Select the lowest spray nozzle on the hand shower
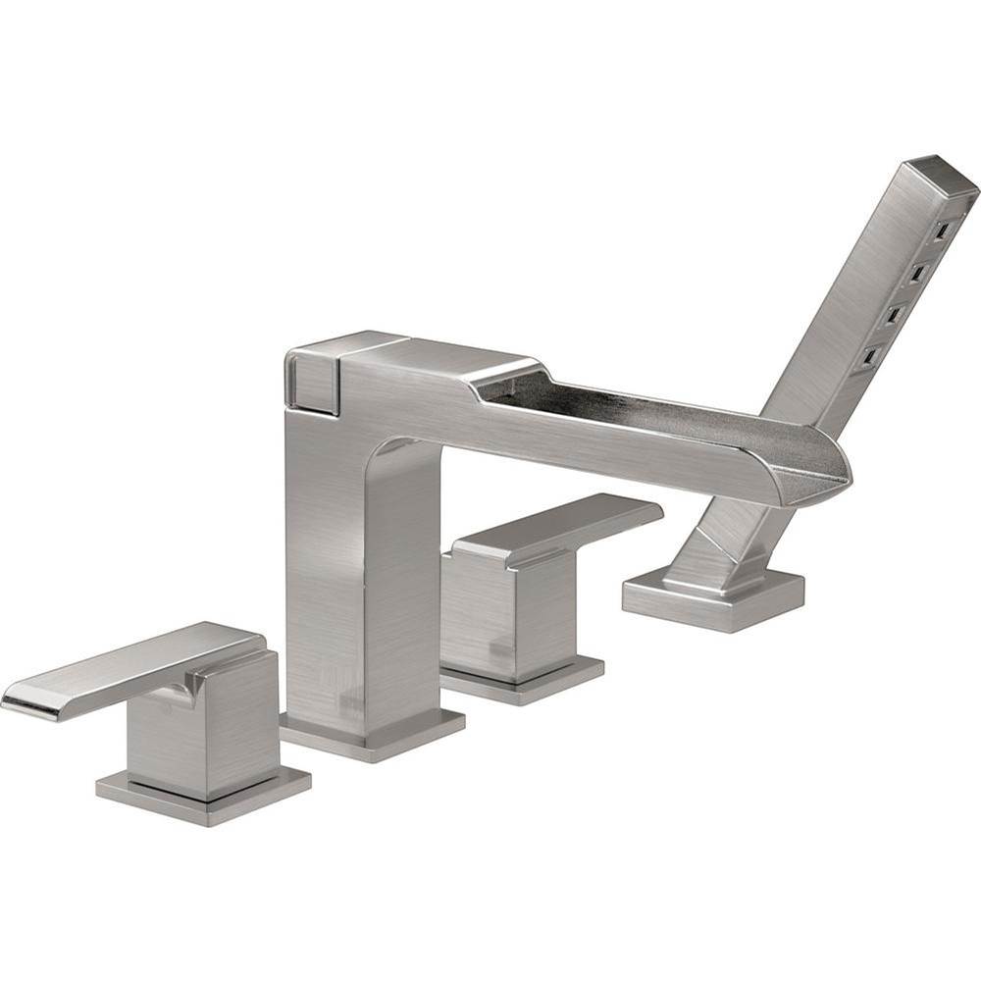869,356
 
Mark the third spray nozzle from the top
894,315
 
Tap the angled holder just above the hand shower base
721,544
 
